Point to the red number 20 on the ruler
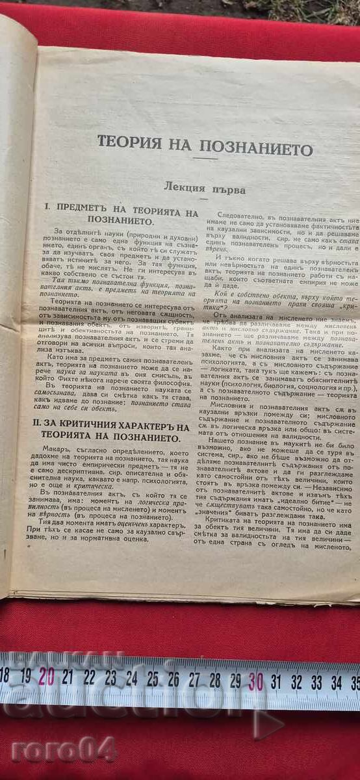[x=47, y=676]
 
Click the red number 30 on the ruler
[x=255, y=681]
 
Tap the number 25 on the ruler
[x=152, y=679]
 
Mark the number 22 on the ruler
[x=89, y=677]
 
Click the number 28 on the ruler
[x=214, y=680]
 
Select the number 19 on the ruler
[x=26, y=675]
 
